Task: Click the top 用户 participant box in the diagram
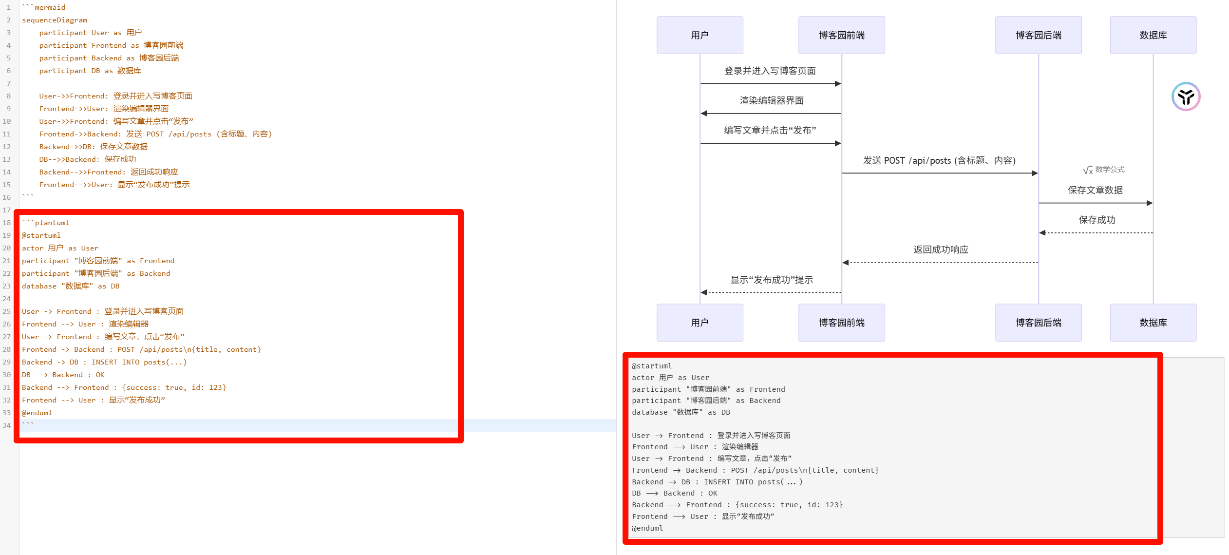[700, 35]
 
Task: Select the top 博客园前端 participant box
[841, 35]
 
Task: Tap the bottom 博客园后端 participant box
[1038, 323]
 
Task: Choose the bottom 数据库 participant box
[1153, 323]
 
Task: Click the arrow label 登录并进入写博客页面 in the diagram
[770, 71]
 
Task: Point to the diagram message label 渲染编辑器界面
[771, 101]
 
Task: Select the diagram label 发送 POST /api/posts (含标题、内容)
[939, 161]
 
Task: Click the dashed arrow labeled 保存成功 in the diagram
[1096, 233]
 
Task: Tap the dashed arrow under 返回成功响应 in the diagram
[940, 263]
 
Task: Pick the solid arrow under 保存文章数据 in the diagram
[1096, 203]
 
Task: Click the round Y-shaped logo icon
[1186, 96]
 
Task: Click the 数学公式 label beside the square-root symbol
[1110, 170]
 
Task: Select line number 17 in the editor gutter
[7, 210]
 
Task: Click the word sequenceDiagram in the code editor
[55, 20]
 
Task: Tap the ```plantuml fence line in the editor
[46, 223]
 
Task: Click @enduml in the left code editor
[37, 413]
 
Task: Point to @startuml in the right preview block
[652, 366]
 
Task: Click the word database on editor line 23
[39, 286]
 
